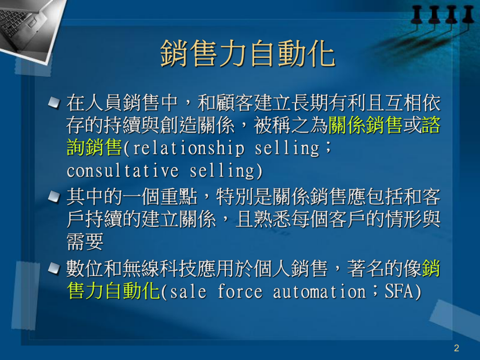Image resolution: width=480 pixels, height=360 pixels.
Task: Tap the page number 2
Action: pos(457,348)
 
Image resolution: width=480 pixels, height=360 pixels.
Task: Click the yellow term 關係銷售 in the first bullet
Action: pos(366,126)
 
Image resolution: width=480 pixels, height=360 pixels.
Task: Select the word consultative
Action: pos(123,171)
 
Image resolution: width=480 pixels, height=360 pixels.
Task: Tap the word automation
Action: pos(319,292)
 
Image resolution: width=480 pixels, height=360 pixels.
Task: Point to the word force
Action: pos(240,292)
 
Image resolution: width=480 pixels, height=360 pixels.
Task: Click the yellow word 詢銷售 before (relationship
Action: pos(94,148)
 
